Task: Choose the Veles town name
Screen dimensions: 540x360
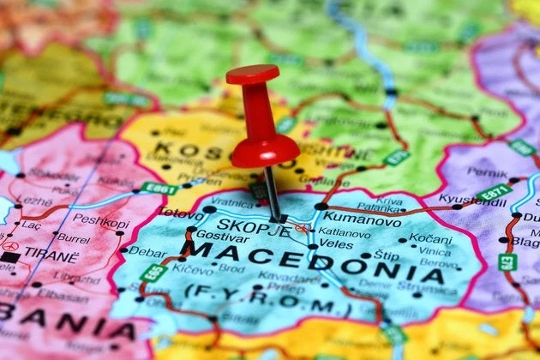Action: click(x=336, y=244)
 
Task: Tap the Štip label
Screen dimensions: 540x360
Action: click(x=387, y=255)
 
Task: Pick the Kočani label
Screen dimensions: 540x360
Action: click(x=429, y=238)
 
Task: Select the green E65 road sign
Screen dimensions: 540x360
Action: click(x=154, y=273)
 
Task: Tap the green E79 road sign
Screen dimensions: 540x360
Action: click(x=507, y=261)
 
